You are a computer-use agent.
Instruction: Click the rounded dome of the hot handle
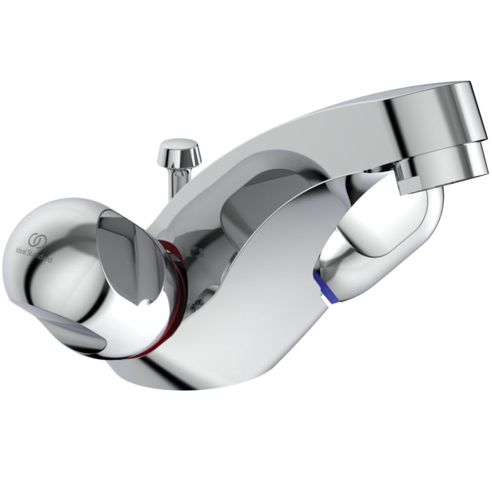point(49,253)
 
